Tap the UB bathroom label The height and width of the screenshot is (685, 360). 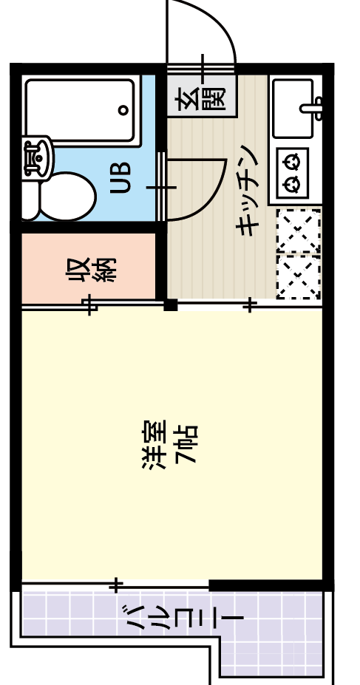[x=121, y=177]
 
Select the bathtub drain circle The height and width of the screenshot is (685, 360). [x=123, y=110]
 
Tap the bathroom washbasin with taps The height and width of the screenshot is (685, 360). [x=35, y=156]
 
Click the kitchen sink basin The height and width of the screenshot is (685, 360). [x=293, y=109]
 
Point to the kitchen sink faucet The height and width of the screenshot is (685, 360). [x=314, y=109]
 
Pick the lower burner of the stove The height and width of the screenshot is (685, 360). [x=293, y=183]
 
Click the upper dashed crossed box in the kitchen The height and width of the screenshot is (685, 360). [x=299, y=231]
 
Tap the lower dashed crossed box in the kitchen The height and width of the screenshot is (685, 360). [x=299, y=276]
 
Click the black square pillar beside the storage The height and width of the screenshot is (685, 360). [x=171, y=304]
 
